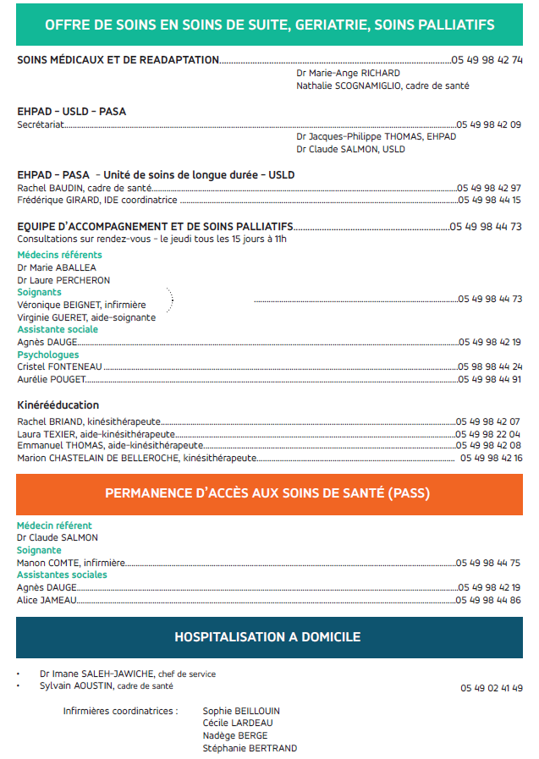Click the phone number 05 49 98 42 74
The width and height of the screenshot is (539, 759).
coord(487,60)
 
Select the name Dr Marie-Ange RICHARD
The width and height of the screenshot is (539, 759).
coord(336,74)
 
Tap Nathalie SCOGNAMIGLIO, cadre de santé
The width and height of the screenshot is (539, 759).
coord(382,86)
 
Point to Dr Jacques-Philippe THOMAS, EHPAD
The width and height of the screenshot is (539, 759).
coord(376,137)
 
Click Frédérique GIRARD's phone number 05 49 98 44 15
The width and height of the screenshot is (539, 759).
coord(490,201)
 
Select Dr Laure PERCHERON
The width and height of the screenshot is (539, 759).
coord(63,280)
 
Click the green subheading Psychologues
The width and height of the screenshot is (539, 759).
coord(48,355)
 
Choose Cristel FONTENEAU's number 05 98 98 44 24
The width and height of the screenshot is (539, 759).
coord(490,367)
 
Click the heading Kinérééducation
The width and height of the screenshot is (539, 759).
coord(58,405)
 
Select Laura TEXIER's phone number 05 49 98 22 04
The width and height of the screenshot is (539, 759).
coord(488,434)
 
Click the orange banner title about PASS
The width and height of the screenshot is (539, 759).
coord(267,493)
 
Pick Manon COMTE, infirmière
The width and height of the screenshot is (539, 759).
coord(71,563)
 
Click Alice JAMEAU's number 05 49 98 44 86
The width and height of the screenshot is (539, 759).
coord(489,600)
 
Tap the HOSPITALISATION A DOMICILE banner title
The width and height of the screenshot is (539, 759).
coord(267,637)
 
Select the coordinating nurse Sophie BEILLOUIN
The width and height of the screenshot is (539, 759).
coord(241,711)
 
